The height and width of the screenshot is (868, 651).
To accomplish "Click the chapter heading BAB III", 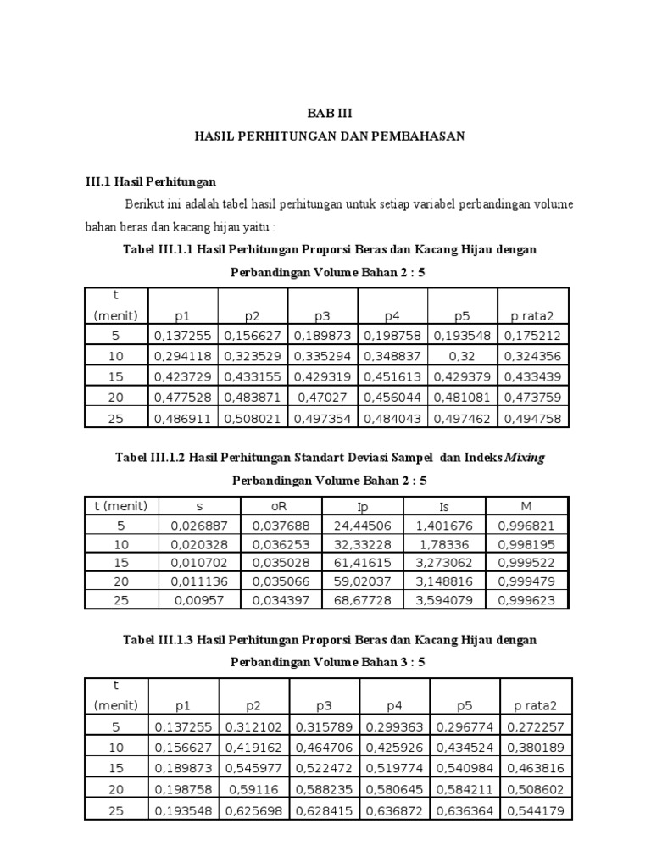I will pos(328,112).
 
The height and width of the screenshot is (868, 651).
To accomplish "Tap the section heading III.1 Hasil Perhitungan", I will pos(151,181).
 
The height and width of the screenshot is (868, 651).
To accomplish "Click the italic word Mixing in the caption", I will pos(525,458).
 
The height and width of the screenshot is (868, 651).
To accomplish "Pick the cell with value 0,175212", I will pos(533,336).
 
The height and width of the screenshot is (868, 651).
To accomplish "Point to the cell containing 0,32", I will pos(463,357).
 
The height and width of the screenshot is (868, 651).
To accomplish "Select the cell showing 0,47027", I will pos(322,398).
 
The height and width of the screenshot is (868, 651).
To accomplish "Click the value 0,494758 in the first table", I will pos(533,419).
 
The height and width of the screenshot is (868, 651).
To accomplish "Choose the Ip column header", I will pos(363,507).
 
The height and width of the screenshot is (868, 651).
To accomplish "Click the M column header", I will pos(527,507).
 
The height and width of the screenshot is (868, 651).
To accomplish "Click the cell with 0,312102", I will pos(253,727).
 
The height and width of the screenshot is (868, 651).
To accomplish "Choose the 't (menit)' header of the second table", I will pos(121,507).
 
